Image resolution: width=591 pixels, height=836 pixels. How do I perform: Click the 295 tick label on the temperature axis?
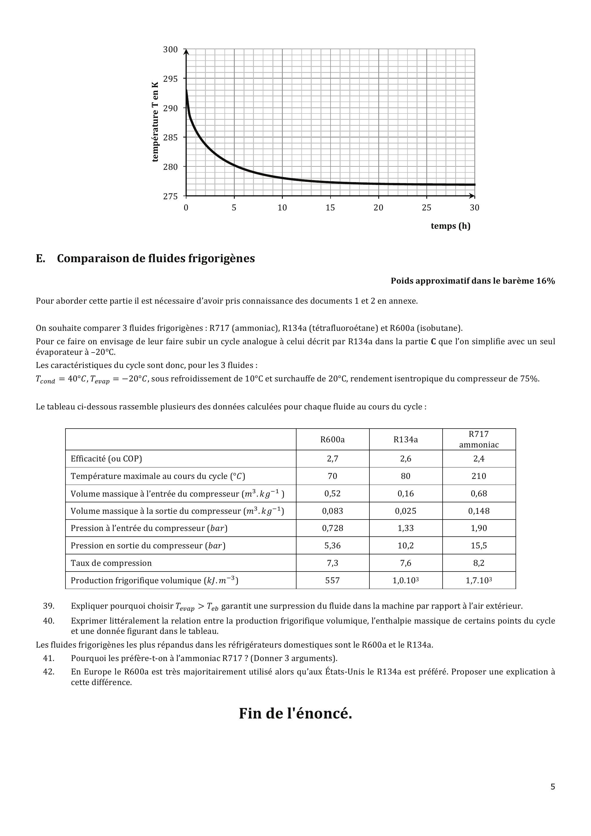pos(170,79)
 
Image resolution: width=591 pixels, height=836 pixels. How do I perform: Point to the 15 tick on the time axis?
pos(330,208)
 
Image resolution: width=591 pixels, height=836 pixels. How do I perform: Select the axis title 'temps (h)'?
pos(450,226)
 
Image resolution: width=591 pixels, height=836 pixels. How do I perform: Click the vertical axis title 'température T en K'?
pos(156,122)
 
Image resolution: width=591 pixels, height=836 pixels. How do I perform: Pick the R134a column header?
pos(406,439)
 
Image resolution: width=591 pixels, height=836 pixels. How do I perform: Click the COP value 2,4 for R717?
pos(479,459)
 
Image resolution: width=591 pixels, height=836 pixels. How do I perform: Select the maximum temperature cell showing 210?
pos(479,476)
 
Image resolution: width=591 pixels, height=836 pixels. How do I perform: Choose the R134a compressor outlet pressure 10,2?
pos(406,546)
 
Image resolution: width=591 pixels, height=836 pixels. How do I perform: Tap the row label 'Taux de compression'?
pos(111,563)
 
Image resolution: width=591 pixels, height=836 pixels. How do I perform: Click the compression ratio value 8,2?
pos(479,563)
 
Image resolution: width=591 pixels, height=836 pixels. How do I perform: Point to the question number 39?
pos(49,606)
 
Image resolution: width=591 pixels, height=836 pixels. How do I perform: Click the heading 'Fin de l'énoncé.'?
pos(295,713)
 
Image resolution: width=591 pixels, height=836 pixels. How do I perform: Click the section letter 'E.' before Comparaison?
pos(40,258)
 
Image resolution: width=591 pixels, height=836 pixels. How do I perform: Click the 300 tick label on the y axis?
pos(170,49)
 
